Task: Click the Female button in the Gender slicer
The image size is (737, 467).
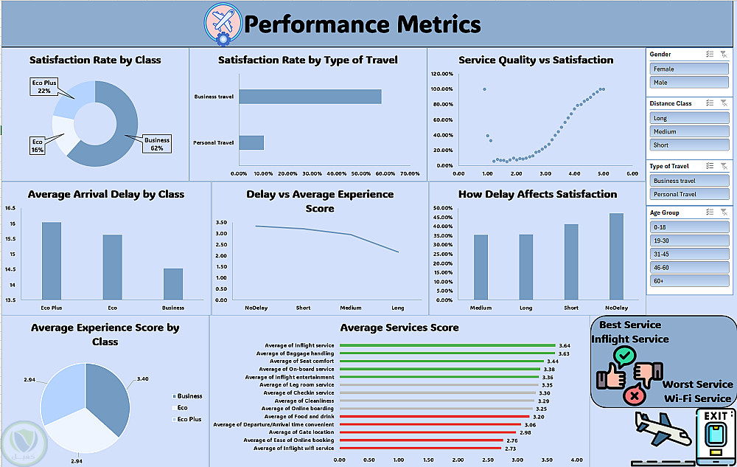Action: coord(690,69)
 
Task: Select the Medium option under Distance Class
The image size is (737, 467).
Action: coord(690,131)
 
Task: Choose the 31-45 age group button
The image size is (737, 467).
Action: coord(690,254)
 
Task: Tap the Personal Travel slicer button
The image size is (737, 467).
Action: coord(690,194)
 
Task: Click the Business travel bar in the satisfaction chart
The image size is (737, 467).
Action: coord(310,97)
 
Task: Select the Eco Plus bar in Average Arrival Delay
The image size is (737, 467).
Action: coord(52,260)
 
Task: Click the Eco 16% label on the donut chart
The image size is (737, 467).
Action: coord(37,145)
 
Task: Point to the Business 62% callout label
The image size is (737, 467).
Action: coord(157,143)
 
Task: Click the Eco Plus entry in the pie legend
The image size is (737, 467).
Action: coord(189,419)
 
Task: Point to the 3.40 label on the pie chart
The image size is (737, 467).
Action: coord(143,378)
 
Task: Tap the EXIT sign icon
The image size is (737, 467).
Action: coord(716,435)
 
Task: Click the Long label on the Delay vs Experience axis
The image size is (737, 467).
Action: coord(399,308)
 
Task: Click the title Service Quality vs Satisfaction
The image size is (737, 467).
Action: coord(536,60)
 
